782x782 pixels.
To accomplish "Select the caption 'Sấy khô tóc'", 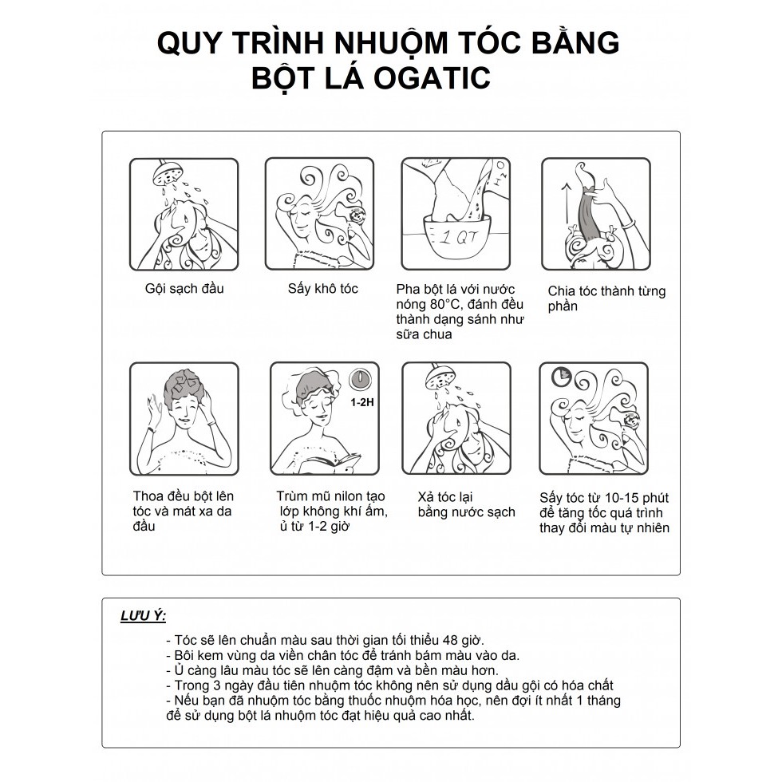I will click(x=322, y=288).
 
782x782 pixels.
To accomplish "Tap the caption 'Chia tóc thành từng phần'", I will click(x=606, y=298).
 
